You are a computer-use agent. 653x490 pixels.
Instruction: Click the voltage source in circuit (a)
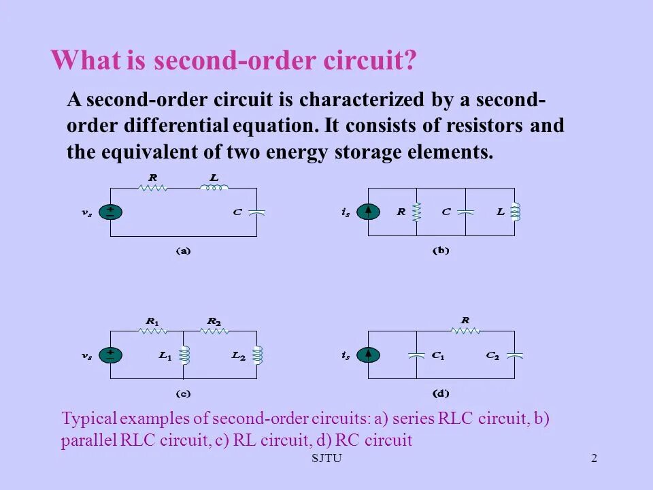pos(110,212)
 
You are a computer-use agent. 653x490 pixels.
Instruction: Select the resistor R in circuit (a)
pos(153,188)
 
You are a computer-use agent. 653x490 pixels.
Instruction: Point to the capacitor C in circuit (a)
pos(256,212)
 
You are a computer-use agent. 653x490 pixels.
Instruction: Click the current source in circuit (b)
pos(368,212)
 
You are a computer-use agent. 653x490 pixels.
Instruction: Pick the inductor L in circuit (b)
pos(515,212)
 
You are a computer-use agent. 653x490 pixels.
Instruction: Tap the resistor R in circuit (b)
pos(417,212)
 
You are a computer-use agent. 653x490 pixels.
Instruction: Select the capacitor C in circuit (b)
pos(466,212)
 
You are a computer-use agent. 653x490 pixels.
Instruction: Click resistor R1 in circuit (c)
pos(153,331)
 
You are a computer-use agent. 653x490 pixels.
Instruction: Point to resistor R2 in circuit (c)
pos(214,331)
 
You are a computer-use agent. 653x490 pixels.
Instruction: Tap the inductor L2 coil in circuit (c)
pos(256,355)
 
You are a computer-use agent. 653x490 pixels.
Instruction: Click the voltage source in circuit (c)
pos(110,355)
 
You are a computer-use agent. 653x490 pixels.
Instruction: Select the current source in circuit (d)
pos(368,355)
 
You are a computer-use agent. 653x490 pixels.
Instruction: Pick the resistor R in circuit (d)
pos(465,331)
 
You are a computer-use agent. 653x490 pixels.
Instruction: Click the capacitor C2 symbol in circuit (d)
pos(515,355)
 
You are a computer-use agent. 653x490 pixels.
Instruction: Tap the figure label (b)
pos(441,250)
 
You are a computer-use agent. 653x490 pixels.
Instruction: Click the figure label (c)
pos(183,393)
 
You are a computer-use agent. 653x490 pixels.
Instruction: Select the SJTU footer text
pos(326,458)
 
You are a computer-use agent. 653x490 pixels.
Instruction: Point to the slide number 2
pos(594,458)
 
